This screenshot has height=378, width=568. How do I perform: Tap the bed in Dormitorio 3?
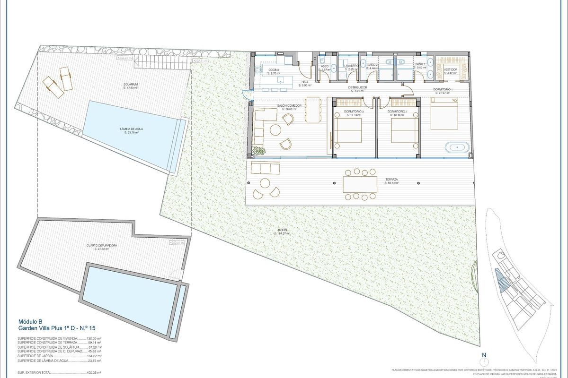349,131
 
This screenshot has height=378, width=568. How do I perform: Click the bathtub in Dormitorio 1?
457,147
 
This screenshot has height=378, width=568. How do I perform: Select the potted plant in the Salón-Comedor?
259,151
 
